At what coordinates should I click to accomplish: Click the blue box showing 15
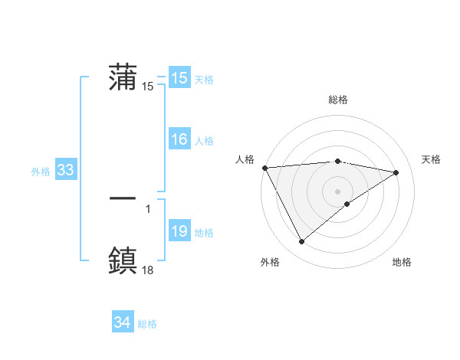(179, 78)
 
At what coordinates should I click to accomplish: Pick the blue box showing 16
(179, 139)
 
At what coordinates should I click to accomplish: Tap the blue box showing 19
(179, 231)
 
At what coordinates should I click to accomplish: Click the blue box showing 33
(65, 170)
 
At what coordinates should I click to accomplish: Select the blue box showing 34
(122, 322)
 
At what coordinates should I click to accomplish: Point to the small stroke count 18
(148, 270)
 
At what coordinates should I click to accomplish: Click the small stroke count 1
(147, 208)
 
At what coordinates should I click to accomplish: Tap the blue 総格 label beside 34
(147, 324)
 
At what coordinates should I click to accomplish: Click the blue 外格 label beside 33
(41, 172)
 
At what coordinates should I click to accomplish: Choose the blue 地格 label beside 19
(204, 233)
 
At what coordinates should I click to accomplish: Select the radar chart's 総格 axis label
(337, 100)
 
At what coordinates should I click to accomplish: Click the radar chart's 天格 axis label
(431, 159)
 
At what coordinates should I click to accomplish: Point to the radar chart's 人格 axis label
(244, 159)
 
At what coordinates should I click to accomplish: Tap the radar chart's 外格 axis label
(270, 262)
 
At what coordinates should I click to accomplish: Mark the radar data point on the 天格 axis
(396, 172)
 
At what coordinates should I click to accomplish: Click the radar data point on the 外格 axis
(301, 242)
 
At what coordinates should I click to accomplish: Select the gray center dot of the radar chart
(337, 191)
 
